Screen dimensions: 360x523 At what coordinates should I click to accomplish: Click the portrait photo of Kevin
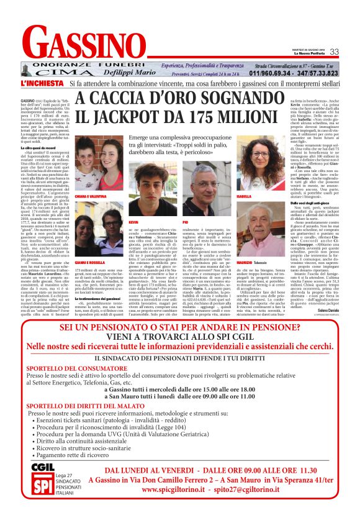pyautogui.click(x=149, y=191)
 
